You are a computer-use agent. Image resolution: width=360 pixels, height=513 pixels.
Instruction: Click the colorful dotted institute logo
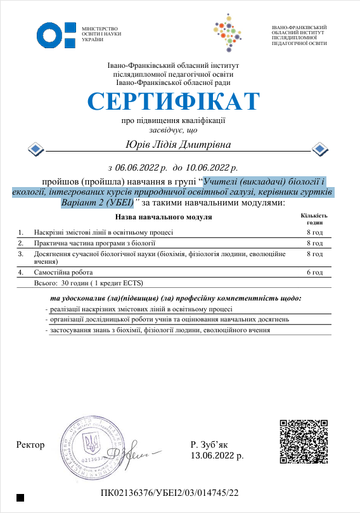click(x=235, y=36)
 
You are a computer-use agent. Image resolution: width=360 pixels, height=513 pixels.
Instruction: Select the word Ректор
click(x=31, y=445)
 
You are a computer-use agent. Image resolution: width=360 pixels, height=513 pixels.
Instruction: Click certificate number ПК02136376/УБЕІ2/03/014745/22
click(x=170, y=493)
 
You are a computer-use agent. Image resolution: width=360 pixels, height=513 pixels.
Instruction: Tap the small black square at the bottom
click(x=21, y=498)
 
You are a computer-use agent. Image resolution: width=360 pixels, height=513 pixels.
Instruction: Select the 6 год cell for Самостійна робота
click(x=315, y=272)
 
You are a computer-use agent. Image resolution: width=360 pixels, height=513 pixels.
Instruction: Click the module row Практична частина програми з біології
click(x=94, y=243)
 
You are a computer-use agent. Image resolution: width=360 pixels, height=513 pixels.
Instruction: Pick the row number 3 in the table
click(x=21, y=254)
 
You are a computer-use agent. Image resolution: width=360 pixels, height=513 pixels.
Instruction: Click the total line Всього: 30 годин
click(x=91, y=283)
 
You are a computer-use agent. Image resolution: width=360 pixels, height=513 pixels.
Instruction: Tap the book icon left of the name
click(x=36, y=149)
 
